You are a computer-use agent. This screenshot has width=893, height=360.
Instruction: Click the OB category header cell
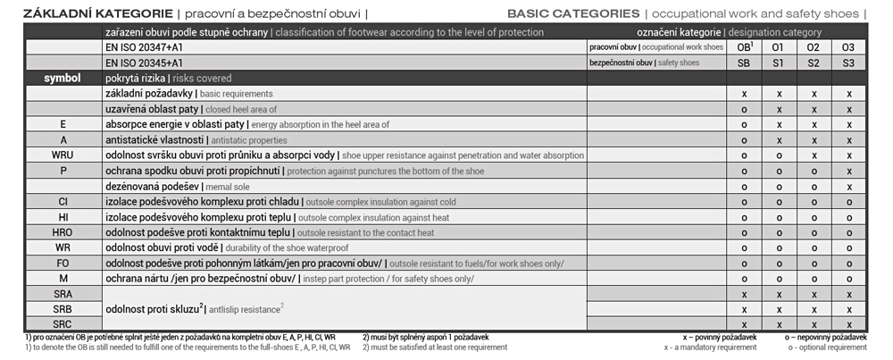click(x=744, y=47)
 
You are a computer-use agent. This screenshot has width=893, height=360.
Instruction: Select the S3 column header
click(x=848, y=63)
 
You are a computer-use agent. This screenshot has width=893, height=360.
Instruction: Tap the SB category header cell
click(x=743, y=63)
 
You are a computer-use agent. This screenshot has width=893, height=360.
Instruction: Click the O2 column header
click(x=814, y=47)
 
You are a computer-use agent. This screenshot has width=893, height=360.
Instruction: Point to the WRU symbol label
click(x=63, y=155)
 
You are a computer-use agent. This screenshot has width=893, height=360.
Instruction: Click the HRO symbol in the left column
click(x=63, y=231)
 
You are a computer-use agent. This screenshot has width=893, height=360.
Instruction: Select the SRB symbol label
click(x=63, y=308)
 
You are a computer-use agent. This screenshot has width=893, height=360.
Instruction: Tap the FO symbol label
click(x=63, y=263)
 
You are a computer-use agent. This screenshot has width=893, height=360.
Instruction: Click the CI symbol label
click(x=63, y=201)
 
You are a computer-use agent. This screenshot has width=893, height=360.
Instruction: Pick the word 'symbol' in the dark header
click(x=63, y=78)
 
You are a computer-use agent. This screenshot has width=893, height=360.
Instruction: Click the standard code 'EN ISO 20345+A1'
click(x=144, y=63)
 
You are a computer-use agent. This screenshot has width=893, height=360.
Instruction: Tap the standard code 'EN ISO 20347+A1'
click(x=145, y=47)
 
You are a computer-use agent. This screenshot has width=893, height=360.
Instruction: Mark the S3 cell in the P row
click(x=848, y=170)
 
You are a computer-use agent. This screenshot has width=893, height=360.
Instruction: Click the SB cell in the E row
click(x=743, y=124)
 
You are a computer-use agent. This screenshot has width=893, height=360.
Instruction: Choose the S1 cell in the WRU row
click(x=778, y=155)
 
